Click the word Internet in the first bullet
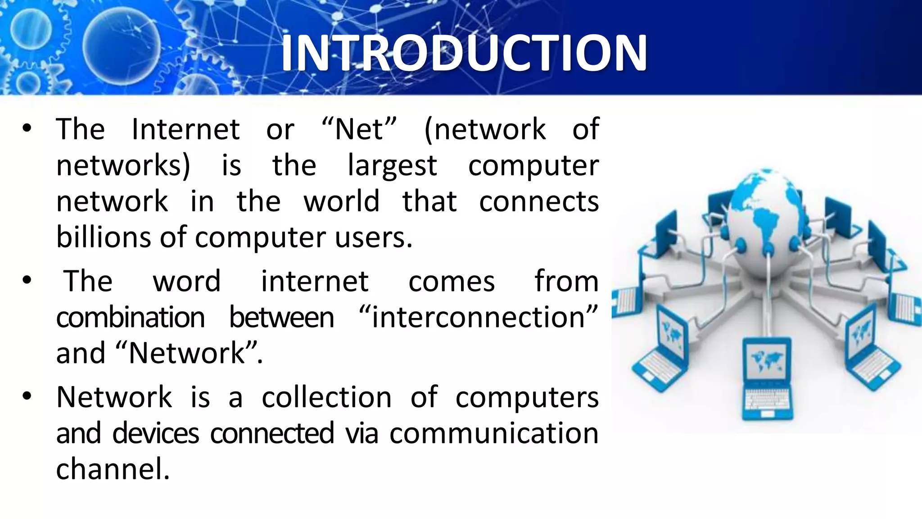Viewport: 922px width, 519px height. tap(185, 130)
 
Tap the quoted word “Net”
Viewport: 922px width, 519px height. tap(359, 130)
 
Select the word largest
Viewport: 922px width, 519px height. tap(392, 166)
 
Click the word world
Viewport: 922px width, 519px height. tap(341, 201)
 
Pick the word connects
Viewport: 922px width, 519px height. tap(538, 201)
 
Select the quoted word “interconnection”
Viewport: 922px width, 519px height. tap(479, 317)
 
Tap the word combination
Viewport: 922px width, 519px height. tap(131, 317)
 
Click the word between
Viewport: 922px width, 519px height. tap(282, 317)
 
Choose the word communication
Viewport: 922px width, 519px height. tap(494, 433)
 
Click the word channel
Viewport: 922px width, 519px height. tap(113, 469)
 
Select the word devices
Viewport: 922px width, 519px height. tap(155, 433)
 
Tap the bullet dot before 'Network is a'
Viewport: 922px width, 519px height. tap(27, 396)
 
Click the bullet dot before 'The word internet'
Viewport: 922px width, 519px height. tap(27, 280)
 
